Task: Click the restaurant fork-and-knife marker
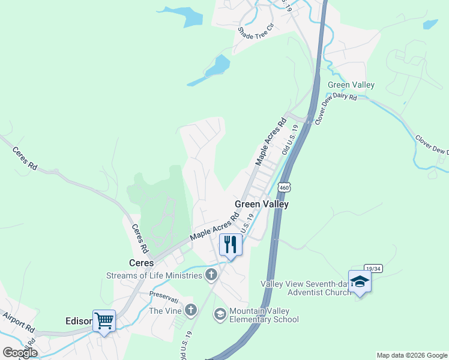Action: pyautogui.click(x=229, y=244)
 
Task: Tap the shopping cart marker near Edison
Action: pyautogui.click(x=104, y=321)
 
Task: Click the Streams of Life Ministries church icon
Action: pyautogui.click(x=211, y=275)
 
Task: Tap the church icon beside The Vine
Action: pyautogui.click(x=190, y=310)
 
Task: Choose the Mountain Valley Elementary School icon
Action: pyautogui.click(x=220, y=314)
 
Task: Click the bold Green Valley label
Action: pyautogui.click(x=262, y=204)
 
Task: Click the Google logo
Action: pyautogui.click(x=19, y=353)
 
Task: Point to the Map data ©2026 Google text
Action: pyautogui.click(x=411, y=355)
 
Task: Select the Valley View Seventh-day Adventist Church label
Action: pyautogui.click(x=305, y=288)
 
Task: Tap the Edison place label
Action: pyautogui.click(x=77, y=322)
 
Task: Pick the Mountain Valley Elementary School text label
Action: pyautogui.click(x=264, y=315)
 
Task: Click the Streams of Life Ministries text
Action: pyautogui.click(x=154, y=275)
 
